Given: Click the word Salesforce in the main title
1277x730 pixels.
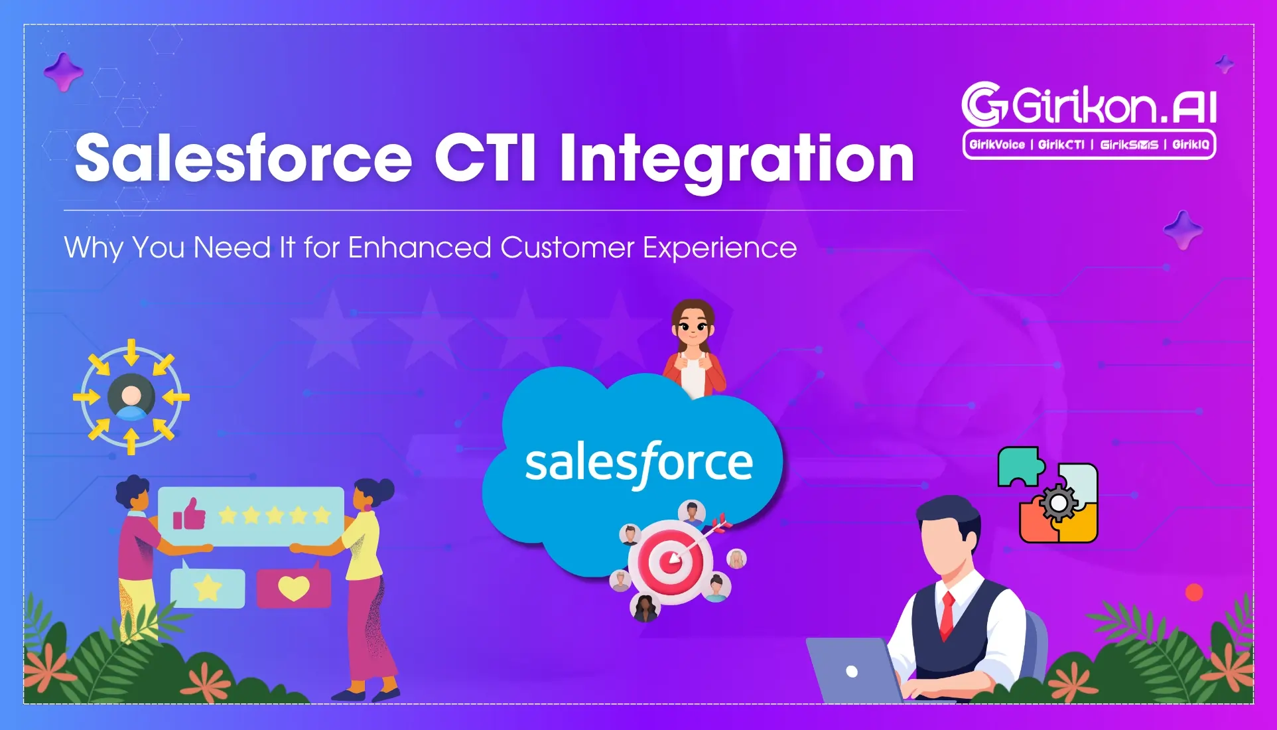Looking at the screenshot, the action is (x=243, y=157).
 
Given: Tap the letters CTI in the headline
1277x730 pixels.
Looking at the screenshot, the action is (x=485, y=157).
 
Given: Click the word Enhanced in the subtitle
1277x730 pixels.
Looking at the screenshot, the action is (x=419, y=248).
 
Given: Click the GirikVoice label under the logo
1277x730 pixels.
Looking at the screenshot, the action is (x=997, y=145).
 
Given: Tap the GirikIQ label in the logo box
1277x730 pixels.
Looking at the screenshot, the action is (x=1191, y=145).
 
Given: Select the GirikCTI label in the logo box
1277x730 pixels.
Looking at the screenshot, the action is (x=1061, y=145).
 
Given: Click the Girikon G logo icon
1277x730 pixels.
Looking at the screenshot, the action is (x=984, y=104).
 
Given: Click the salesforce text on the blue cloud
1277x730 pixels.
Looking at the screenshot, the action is (x=639, y=464).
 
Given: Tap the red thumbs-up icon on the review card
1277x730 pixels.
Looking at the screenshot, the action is (x=189, y=514).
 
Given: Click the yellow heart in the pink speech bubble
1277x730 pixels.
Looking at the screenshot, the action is (x=293, y=588).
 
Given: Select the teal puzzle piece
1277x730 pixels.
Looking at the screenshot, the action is (x=1021, y=467).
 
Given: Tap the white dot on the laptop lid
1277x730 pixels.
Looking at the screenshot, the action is (x=852, y=672).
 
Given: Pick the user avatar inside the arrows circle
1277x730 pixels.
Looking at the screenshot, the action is (x=131, y=398).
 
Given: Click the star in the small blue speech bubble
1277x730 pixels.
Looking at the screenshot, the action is (x=208, y=588).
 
